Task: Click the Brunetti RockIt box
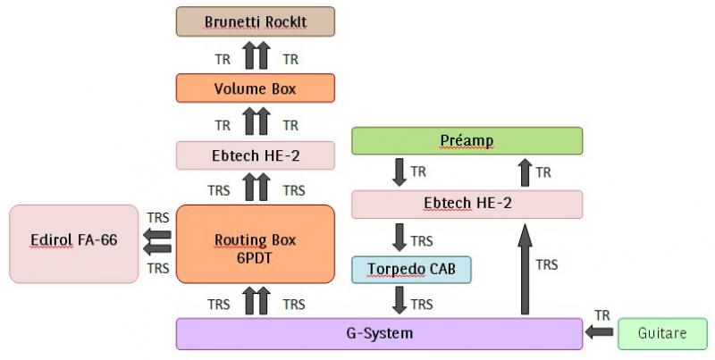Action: coord(256,21)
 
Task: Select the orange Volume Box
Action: coord(256,88)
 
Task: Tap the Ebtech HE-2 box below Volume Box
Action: coord(256,155)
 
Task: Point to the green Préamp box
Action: coord(467,141)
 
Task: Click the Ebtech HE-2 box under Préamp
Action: coord(467,204)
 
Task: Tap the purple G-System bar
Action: coord(379,333)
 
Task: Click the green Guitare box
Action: coord(662,333)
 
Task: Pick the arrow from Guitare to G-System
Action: coord(601,333)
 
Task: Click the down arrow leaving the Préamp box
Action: coord(399,172)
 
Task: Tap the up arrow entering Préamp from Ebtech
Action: coord(526,172)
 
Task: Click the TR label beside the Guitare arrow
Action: coord(603,315)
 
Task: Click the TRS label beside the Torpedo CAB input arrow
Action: coord(422,241)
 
